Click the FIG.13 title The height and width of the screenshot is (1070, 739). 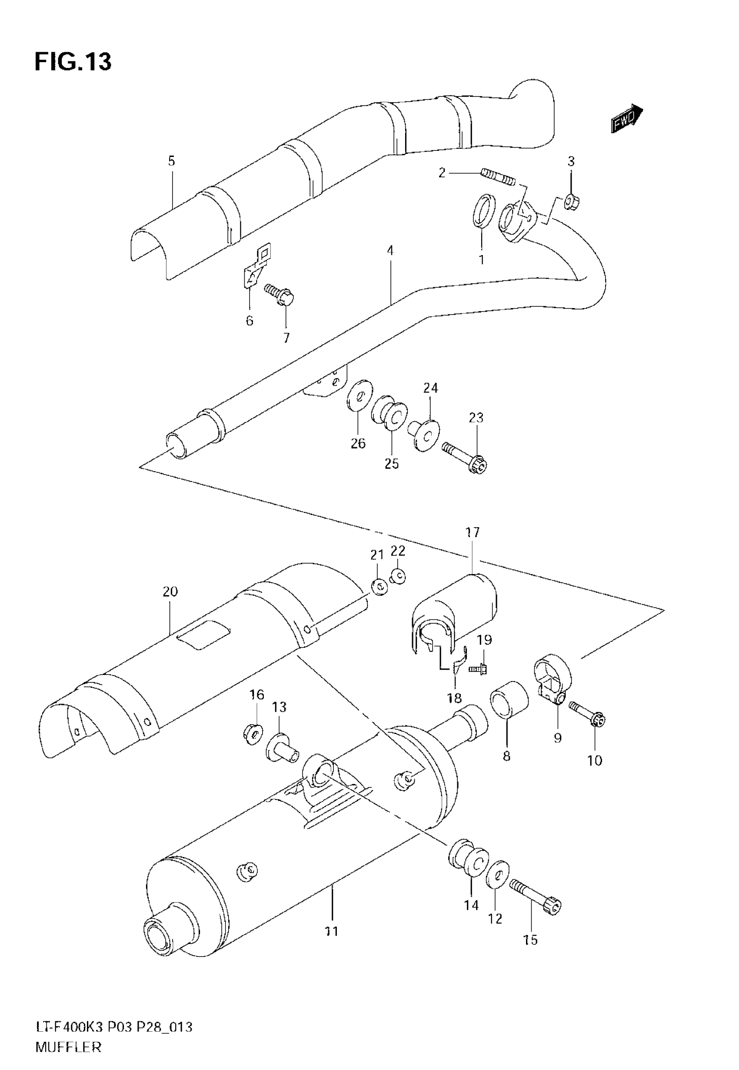(x=73, y=62)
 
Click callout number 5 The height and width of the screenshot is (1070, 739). (x=171, y=161)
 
